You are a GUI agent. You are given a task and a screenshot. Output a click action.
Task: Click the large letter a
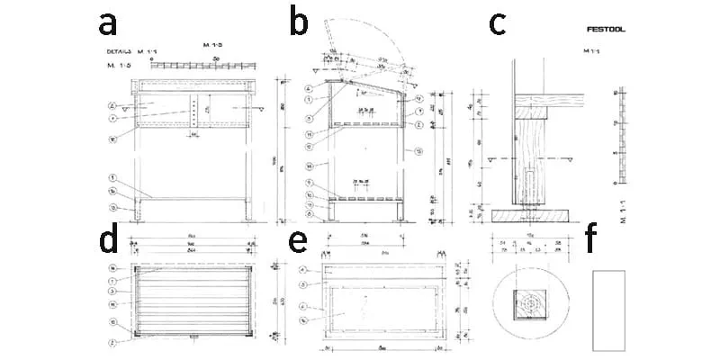109,24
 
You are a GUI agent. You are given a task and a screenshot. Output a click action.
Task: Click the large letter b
300,24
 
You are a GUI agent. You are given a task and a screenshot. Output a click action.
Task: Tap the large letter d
109,243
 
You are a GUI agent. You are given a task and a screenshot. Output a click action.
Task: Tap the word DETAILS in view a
118,52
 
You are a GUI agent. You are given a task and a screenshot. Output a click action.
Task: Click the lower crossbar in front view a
193,197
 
